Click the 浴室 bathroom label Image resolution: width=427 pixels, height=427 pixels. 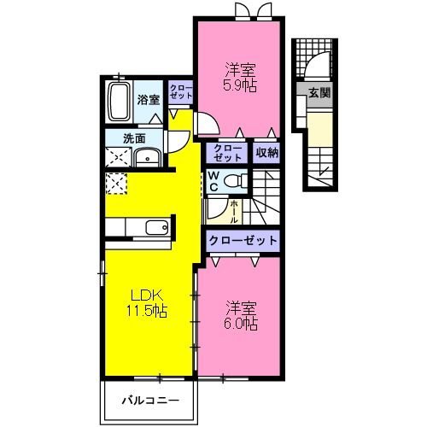pyautogui.click(x=149, y=100)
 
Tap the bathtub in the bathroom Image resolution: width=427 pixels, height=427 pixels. pyautogui.click(x=119, y=102)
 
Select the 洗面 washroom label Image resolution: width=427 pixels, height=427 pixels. pyautogui.click(x=134, y=138)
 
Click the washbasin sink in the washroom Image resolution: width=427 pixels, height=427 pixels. pyautogui.click(x=148, y=158)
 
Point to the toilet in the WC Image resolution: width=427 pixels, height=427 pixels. pyautogui.click(x=236, y=180)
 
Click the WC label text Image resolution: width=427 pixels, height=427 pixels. pyautogui.click(x=213, y=181)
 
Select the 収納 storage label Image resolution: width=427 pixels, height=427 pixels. pyautogui.click(x=266, y=153)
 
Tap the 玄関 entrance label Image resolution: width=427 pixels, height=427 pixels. pyautogui.click(x=319, y=93)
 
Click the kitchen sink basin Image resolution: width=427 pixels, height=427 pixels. pyautogui.click(x=157, y=227)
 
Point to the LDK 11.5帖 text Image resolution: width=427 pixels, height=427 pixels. pyautogui.click(x=147, y=303)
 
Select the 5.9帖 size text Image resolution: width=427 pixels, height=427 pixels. pyautogui.click(x=240, y=85)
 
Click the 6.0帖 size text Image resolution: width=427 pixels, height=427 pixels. pyautogui.click(x=241, y=324)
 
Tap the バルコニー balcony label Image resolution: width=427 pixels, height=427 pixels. pyautogui.click(x=150, y=401)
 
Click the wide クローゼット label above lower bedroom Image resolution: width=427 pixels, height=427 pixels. pyautogui.click(x=243, y=241)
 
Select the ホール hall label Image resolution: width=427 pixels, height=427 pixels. pyautogui.click(x=234, y=212)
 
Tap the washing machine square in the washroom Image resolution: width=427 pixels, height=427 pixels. pyautogui.click(x=119, y=157)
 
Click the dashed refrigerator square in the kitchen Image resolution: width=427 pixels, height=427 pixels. pyautogui.click(x=116, y=184)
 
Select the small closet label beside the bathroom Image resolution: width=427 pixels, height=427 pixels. pyautogui.click(x=181, y=91)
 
